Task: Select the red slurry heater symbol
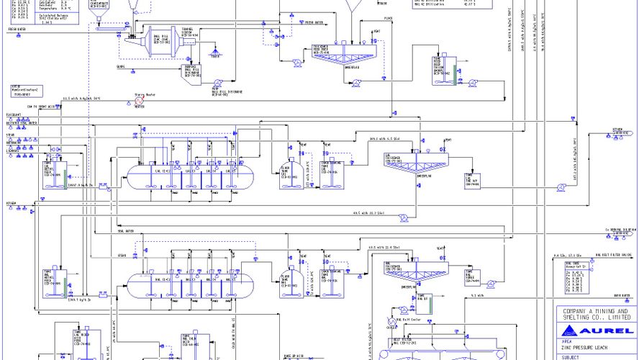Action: [139, 102]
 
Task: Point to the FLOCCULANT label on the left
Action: [14, 114]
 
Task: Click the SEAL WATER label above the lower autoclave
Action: [125, 231]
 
